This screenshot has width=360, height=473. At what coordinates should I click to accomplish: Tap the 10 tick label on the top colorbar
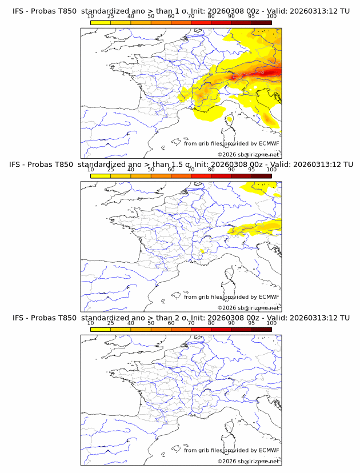91,16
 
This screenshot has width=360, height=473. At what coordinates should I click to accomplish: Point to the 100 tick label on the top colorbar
271,16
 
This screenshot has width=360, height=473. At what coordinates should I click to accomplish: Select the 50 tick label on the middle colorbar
151,170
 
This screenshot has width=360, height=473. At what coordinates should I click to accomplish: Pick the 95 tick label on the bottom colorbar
251,323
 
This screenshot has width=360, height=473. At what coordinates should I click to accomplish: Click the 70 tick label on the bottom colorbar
191,323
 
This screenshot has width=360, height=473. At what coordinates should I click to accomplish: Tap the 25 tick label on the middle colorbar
111,170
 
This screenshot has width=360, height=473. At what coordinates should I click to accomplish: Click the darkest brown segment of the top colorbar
261,22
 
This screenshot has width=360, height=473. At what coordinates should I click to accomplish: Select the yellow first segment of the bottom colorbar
101,329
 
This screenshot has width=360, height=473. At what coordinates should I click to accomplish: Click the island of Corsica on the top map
230,121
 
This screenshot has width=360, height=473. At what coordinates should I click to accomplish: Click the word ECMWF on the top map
269,143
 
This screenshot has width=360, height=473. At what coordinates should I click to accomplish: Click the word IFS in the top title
18,11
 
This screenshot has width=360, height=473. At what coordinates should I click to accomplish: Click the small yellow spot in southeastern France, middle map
203,251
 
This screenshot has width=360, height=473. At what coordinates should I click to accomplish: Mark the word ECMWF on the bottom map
269,450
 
